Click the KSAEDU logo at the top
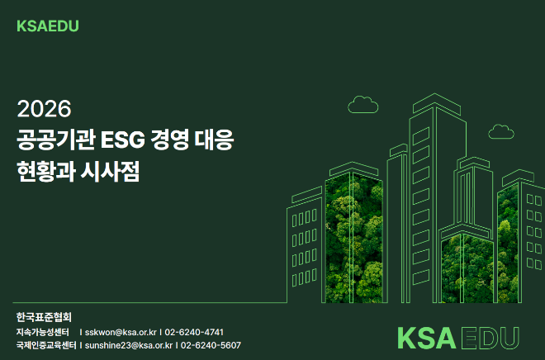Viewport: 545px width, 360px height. pyautogui.click(x=47, y=26)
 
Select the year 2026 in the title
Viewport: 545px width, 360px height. pyautogui.click(x=45, y=108)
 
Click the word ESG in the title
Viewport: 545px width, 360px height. pyautogui.click(x=120, y=140)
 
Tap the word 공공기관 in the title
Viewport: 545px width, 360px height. pyautogui.click(x=56, y=140)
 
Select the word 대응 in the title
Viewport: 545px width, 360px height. pyautogui.click(x=216, y=140)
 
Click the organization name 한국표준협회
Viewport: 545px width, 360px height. pyautogui.click(x=45, y=317)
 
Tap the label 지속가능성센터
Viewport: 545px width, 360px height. pyautogui.click(x=45, y=332)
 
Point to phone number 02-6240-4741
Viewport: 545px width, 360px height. pyautogui.click(x=194, y=332)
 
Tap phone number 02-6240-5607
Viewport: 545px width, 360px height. pyautogui.click(x=211, y=345)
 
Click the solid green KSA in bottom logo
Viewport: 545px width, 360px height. pyautogui.click(x=426, y=338)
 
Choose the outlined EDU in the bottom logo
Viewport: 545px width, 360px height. pyautogui.click(x=490, y=338)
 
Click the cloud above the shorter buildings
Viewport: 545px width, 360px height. pyautogui.click(x=363, y=104)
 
